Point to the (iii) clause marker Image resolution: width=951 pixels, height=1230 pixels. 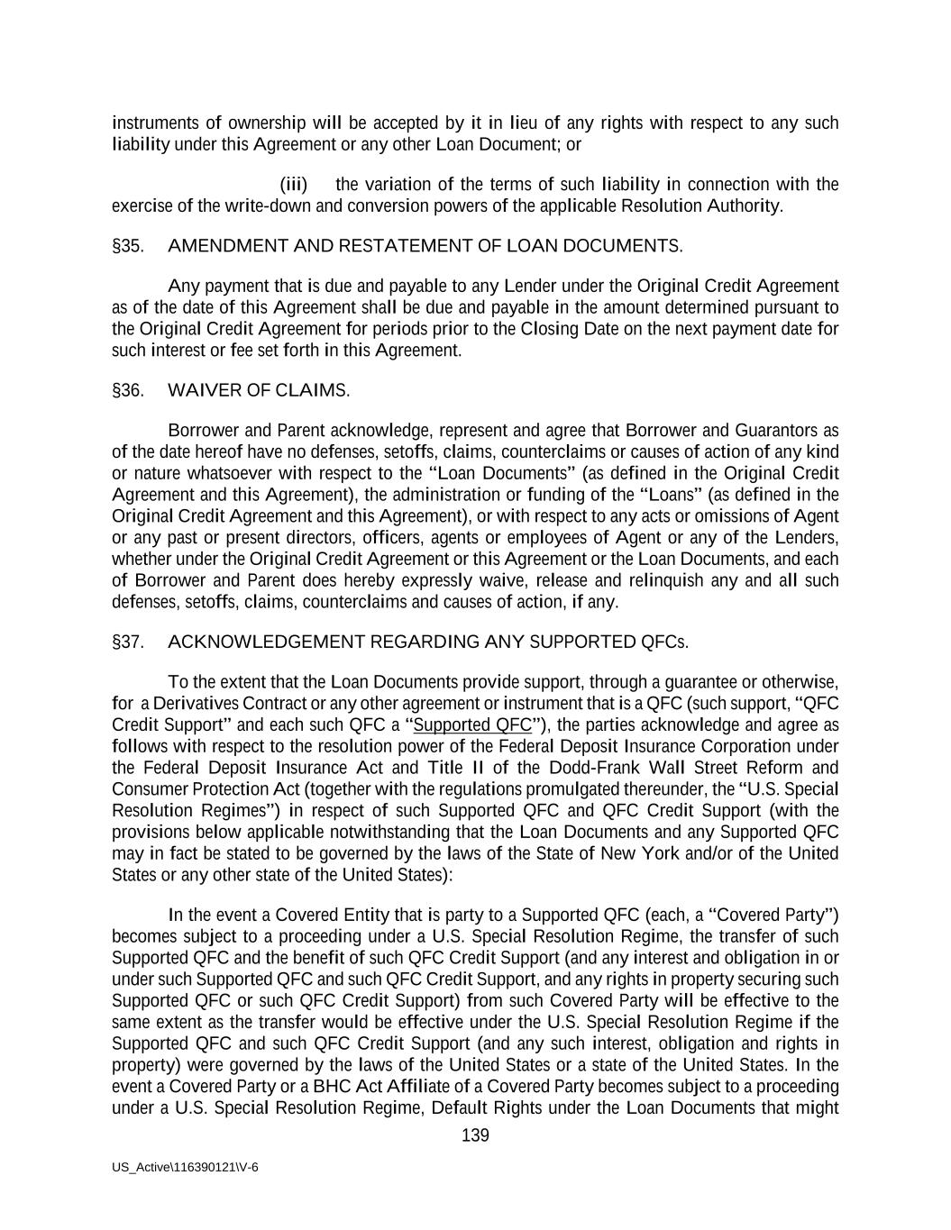pyautogui.click(x=294, y=185)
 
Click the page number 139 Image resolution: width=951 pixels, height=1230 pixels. pyautogui.click(x=475, y=1135)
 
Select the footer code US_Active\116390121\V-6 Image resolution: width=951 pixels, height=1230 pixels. pyautogui.click(x=185, y=1167)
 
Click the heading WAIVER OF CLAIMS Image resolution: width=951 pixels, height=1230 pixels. pyautogui.click(x=259, y=390)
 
